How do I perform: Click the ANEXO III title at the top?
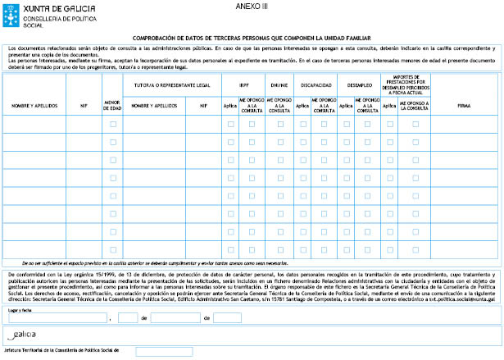coord(252,7)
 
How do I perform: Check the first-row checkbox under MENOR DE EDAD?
coord(113,124)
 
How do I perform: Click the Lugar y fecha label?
coord(20,310)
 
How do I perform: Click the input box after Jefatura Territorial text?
coord(164,351)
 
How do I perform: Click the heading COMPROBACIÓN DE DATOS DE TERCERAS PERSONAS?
coord(252,39)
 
